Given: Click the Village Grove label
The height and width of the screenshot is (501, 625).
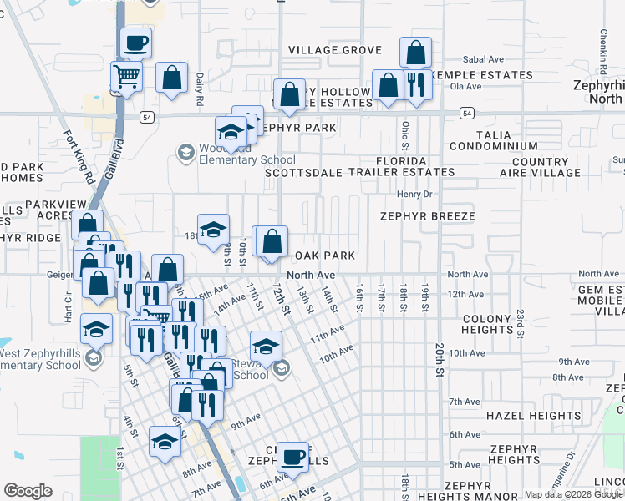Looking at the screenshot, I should point(335,50).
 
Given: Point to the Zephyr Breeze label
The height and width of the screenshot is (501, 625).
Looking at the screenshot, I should point(427,216).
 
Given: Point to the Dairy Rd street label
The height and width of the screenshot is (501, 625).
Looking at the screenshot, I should point(200,87).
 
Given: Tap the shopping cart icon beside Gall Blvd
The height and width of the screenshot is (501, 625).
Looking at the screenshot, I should point(127,77).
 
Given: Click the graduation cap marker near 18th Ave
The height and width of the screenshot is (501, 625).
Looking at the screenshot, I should point(213,229).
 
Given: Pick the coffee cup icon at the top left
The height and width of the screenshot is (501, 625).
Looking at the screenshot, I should point(135,42).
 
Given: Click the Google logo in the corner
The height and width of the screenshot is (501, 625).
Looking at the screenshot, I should point(28,491).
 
